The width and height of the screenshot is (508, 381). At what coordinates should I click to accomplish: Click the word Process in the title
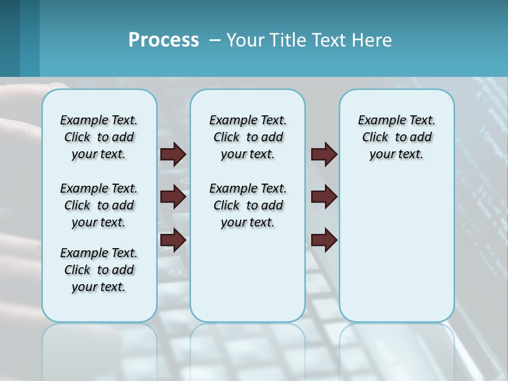[x=164, y=40]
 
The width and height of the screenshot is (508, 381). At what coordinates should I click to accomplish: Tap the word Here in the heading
[x=373, y=40]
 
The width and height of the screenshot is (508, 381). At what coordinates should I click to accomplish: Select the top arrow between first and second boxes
[x=173, y=154]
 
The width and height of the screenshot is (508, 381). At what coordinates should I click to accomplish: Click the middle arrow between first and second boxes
[x=173, y=197]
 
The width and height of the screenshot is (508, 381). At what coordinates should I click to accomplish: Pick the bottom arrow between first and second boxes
[x=173, y=240]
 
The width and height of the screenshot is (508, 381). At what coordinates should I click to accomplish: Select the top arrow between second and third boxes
[x=324, y=154]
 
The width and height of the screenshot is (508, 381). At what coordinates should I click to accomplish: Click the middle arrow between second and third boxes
[x=324, y=197]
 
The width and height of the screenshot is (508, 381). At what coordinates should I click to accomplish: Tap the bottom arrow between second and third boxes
[x=324, y=240]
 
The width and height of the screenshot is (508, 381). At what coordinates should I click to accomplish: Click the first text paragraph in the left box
[x=99, y=137]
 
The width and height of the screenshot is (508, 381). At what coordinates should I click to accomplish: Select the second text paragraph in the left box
[x=99, y=205]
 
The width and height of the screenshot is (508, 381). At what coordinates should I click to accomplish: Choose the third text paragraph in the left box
[x=99, y=270]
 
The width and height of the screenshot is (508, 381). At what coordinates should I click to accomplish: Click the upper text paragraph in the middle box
[x=248, y=137]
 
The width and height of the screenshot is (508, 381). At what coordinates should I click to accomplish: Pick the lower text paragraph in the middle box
[x=248, y=205]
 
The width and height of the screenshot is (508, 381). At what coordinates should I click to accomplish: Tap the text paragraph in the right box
[x=396, y=137]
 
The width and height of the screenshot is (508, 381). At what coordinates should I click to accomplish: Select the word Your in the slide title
[x=243, y=40]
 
